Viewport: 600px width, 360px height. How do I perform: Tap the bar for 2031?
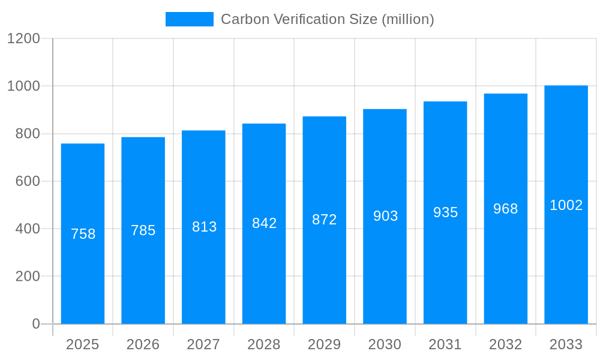click(x=445, y=270)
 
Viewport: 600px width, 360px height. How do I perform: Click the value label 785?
click(x=143, y=230)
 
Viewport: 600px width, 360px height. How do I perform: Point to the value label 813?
click(x=205, y=227)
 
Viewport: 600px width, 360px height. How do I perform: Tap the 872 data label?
click(x=325, y=220)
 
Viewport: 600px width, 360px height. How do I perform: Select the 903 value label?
click(x=386, y=216)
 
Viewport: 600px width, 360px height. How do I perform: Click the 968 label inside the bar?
click(x=506, y=209)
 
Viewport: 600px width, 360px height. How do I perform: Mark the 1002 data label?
click(x=566, y=205)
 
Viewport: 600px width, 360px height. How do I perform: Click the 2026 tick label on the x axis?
click(x=143, y=344)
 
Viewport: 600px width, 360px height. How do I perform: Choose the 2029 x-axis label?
click(x=325, y=344)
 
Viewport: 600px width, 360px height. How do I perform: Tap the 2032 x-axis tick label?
click(x=506, y=344)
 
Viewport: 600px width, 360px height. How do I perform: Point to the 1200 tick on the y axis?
click(x=23, y=38)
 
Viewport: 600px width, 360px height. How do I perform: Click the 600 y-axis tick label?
click(x=28, y=181)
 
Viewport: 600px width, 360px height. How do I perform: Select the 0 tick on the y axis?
click(x=35, y=324)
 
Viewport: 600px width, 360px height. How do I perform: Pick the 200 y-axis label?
click(x=28, y=277)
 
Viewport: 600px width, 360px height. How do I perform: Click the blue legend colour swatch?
click(x=190, y=19)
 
